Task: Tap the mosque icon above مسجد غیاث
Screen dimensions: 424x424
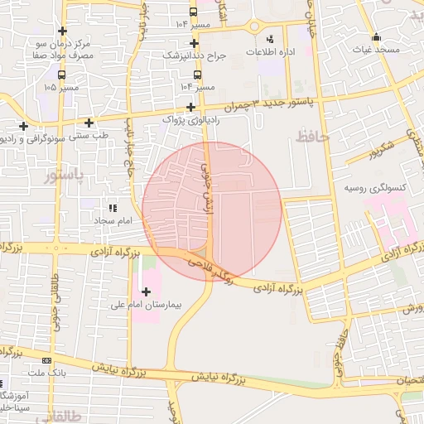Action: point(377,36)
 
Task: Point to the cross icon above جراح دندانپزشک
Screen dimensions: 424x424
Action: point(194,43)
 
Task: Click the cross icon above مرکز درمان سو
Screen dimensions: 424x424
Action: point(63,30)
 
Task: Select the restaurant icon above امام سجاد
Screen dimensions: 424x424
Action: point(113,209)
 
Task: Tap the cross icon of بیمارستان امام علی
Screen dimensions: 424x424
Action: point(147,291)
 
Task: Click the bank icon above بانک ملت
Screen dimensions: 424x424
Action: point(46,360)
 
